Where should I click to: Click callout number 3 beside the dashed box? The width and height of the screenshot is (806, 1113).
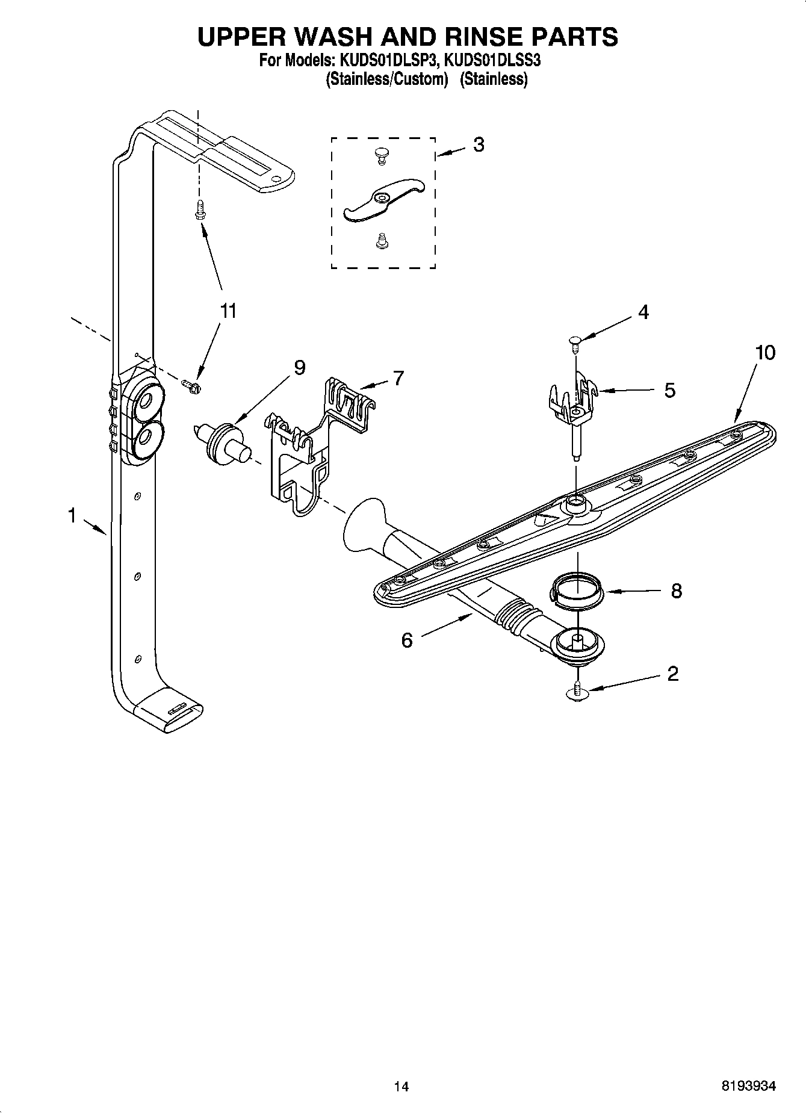point(479,145)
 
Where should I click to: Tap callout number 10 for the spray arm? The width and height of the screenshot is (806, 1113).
point(765,353)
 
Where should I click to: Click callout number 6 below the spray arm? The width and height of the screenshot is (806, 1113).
point(407,640)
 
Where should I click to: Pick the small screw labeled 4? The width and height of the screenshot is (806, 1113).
point(574,342)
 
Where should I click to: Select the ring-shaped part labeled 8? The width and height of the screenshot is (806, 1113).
point(576,591)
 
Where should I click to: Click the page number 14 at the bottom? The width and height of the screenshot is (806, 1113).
point(401,1087)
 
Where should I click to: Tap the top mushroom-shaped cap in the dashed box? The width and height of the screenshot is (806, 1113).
point(380,155)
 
